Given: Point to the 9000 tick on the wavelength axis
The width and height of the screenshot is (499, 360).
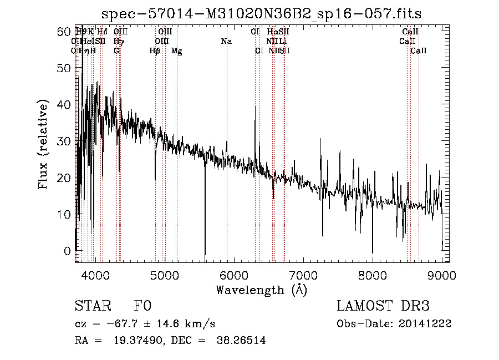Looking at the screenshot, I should coord(442,275).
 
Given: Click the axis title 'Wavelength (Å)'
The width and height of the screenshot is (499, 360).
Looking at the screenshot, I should coord(261,289).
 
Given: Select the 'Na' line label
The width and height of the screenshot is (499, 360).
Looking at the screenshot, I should coord(226,41).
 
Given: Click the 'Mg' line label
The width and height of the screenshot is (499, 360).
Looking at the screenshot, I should coord(176,51).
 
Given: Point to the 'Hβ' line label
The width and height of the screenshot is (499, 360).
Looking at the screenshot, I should coord(155,51).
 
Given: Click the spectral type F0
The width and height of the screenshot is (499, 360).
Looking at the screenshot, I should coord(142,306).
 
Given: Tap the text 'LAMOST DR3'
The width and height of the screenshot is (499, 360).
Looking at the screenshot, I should coord(383,306).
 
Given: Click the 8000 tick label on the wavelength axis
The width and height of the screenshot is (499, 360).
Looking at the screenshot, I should coord(373,275).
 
